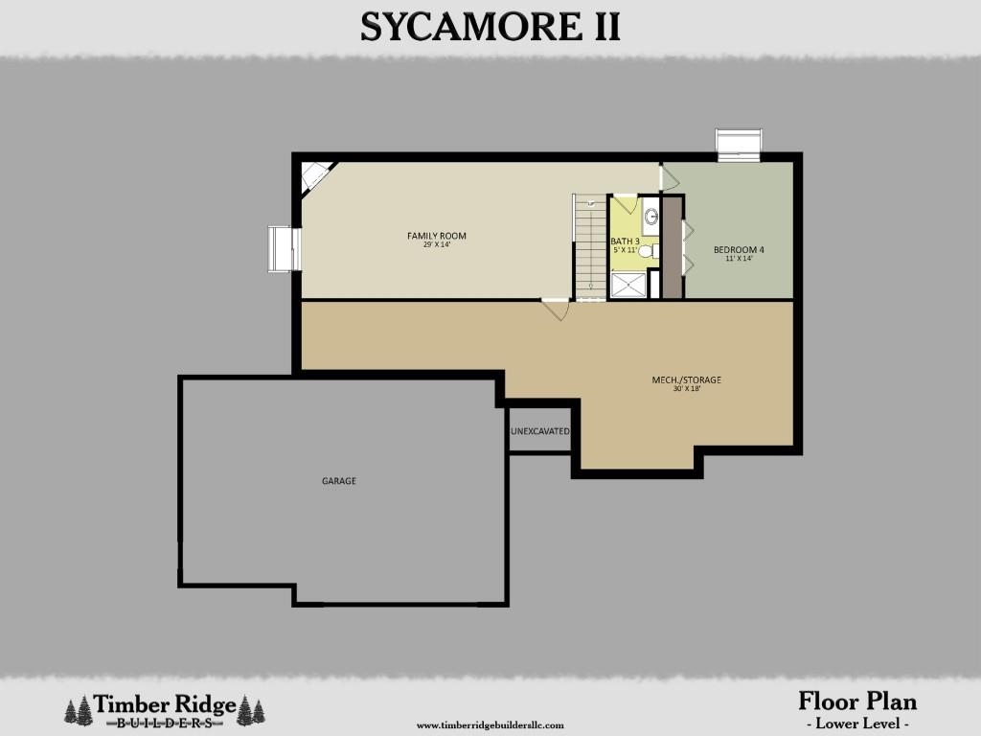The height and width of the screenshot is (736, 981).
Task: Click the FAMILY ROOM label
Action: pos(436,236)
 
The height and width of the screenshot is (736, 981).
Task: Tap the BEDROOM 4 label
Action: pos(739,250)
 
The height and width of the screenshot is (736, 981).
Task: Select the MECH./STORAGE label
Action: pos(686,380)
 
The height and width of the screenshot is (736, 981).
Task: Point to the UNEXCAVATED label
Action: pos(540,432)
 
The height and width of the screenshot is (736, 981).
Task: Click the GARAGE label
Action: pos(338,481)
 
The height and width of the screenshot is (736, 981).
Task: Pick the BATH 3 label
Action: pos(625,241)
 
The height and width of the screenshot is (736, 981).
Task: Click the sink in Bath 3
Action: pos(650,217)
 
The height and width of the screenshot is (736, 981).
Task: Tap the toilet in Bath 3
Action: pos(647,252)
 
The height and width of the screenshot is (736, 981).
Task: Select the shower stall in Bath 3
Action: pos(627,285)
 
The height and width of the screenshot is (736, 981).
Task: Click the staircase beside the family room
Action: pos(589,247)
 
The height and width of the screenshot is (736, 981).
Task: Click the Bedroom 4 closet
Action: pos(672,247)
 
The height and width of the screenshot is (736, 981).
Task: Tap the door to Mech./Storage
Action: pos(556,310)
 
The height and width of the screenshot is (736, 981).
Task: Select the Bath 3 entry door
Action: pos(625,202)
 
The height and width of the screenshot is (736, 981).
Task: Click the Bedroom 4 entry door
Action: pos(669,177)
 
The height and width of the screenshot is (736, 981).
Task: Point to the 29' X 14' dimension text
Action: pos(436,244)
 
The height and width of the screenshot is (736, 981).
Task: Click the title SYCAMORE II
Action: pos(490,27)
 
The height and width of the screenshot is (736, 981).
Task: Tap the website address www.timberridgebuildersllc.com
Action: pos(490,725)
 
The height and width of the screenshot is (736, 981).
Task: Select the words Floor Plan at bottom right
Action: pos(856,701)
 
